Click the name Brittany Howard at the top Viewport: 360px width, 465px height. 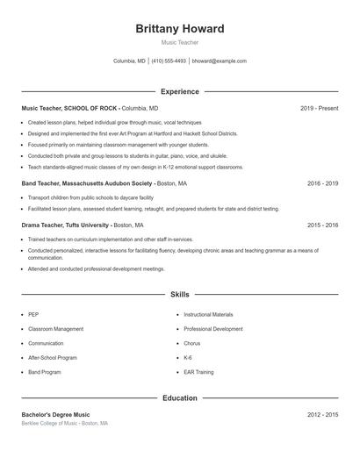tap(180, 29)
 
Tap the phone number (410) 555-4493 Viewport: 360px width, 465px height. tap(169, 61)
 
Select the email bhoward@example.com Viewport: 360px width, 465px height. tap(219, 61)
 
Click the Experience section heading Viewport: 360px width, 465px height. tap(180, 91)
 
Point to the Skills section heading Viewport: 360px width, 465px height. tap(180, 295)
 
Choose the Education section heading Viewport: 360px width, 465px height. tap(180, 397)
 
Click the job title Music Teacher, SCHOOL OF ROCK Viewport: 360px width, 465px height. tap(69, 108)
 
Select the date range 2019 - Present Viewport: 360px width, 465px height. tap(319, 108)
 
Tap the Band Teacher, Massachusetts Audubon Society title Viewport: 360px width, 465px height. tap(86, 184)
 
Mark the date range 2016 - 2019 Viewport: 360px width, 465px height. tap(322, 184)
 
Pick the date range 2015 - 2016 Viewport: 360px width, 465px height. tap(322, 225)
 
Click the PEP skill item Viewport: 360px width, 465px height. tap(33, 314)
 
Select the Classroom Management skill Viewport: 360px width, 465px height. tap(55, 329)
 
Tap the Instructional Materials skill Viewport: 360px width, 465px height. tap(208, 314)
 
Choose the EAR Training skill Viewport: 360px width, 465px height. tap(198, 372)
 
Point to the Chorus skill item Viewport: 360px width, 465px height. tap(192, 343)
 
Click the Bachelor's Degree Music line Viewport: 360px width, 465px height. tap(55, 414)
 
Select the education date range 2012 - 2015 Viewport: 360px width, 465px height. tap(322, 414)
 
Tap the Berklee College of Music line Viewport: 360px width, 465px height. tap(64, 423)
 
